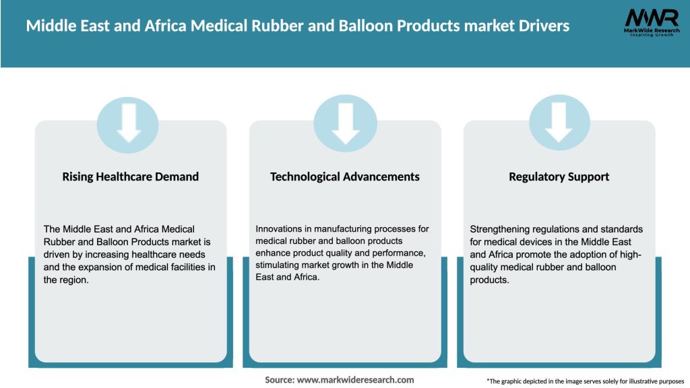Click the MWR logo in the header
651,18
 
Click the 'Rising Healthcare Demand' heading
131,177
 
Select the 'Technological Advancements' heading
344,177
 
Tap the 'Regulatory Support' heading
559,177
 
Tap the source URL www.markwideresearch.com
356,380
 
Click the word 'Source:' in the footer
279,380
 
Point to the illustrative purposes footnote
585,381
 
